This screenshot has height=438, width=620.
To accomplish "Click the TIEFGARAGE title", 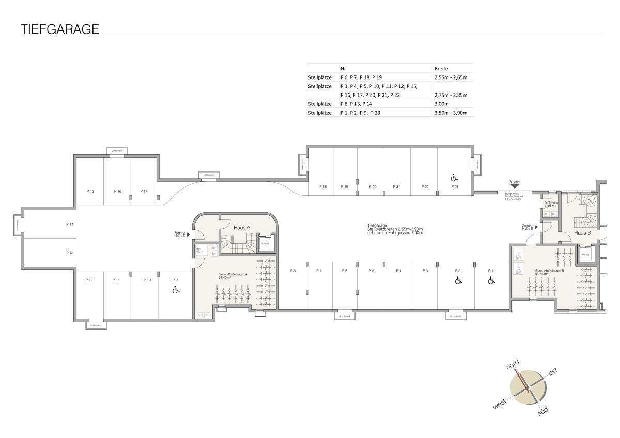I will point(59,29).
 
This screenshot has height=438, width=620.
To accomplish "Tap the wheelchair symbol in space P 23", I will point(454,178).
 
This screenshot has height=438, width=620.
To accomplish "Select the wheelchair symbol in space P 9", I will point(176,290).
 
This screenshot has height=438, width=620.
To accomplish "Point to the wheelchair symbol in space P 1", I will point(491,280).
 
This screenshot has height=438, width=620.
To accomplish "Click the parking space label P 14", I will point(70,225).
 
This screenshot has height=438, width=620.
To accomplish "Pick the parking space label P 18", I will point(323,186).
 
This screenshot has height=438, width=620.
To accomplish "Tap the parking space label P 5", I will point(371,271).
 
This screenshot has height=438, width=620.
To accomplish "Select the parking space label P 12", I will point(89,280).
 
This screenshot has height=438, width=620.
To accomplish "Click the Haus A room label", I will point(241,228).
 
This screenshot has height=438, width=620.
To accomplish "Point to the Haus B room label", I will point(582,233).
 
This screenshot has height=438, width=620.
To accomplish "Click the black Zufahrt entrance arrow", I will point(514,186).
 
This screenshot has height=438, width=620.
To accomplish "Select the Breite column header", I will point(441,68).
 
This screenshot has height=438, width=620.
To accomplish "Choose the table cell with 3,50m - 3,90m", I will point(453,113).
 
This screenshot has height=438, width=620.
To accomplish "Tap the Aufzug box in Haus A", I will point(266,243).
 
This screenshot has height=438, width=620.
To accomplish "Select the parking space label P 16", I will point(118,191).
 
